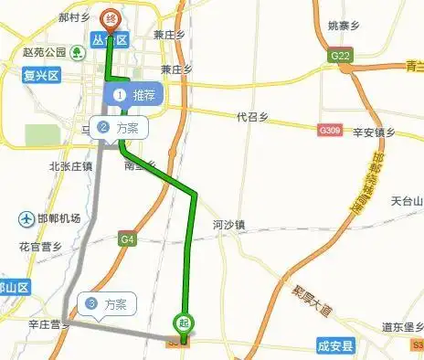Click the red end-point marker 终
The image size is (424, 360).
111,18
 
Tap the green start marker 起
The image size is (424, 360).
184,322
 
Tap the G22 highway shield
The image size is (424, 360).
341,56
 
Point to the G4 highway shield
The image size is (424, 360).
127,239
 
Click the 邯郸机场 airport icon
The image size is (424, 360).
25,219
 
